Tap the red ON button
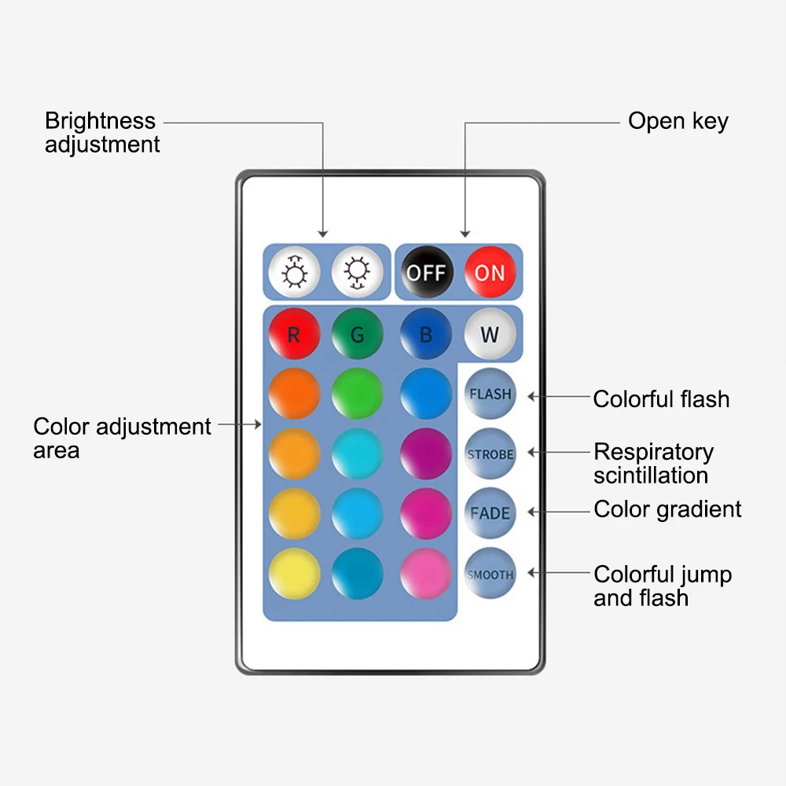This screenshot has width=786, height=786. point(490,273)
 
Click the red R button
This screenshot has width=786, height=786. point(294,334)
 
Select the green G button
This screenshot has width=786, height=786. point(357,334)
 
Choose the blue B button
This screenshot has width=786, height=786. point(426,334)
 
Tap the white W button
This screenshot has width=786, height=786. point(490,334)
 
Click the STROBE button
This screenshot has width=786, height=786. point(490,454)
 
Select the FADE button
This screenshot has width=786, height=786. point(490,513)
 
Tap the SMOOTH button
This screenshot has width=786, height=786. point(490,575)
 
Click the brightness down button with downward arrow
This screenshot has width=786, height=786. point(358,273)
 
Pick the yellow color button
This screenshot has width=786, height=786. point(294,574)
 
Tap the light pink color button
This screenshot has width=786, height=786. point(426,574)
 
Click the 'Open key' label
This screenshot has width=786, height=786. point(678,121)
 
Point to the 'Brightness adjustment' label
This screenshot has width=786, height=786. point(101,133)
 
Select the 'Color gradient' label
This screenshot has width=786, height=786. point(667,509)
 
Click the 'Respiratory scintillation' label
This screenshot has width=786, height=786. point(653,464)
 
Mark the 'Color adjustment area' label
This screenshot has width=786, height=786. point(122,439)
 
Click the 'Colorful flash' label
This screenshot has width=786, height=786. point(661,399)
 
